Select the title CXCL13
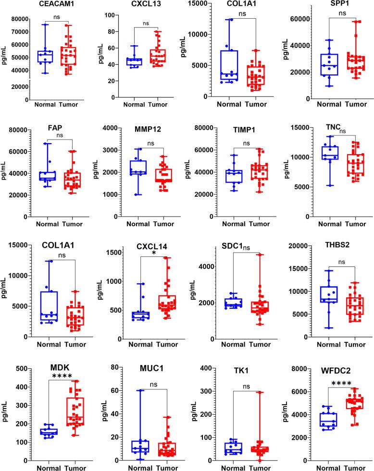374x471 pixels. (x=147, y=6)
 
